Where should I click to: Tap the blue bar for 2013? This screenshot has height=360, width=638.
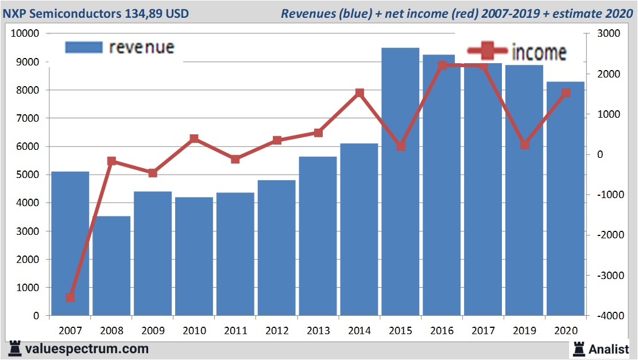pyautogui.click(x=318, y=235)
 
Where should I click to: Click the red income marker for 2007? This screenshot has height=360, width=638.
pyautogui.click(x=70, y=297)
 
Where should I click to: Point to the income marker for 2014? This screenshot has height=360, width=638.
pyautogui.click(x=359, y=92)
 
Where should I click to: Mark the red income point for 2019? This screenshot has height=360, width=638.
pyautogui.click(x=524, y=145)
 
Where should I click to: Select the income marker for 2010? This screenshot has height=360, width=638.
pyautogui.click(x=194, y=138)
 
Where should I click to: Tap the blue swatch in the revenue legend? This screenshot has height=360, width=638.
pyautogui.click(x=84, y=47)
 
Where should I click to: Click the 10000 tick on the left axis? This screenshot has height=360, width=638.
pyautogui.click(x=25, y=33)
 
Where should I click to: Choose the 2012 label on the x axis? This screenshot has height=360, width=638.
pyautogui.click(x=277, y=331)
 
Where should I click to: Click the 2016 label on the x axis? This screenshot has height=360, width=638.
pyautogui.click(x=442, y=331)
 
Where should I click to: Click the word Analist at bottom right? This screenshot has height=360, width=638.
pyautogui.click(x=609, y=349)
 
